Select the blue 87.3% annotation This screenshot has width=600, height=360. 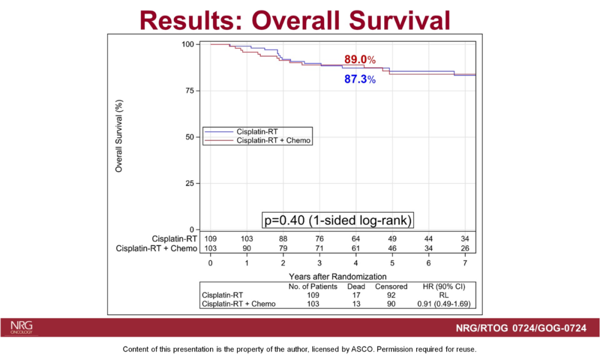coord(360,79)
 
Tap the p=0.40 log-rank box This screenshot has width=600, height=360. coord(337,219)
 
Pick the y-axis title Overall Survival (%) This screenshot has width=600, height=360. coord(119,136)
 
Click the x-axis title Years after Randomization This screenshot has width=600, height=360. coord(337,276)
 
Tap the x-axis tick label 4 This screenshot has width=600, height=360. coord(356,262)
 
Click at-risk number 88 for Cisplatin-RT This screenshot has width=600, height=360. coord(283,238)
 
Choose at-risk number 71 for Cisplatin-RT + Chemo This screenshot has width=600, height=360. coord(319,248)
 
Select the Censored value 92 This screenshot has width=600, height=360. coord(391,296)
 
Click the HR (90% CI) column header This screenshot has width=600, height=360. coord(444,287)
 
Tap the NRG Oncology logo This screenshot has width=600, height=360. coord(22,327)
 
